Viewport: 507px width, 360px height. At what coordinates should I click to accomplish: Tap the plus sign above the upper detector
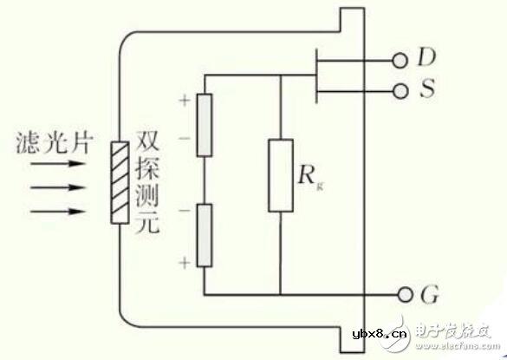[184, 100]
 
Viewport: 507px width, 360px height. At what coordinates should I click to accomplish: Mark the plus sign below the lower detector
[184, 260]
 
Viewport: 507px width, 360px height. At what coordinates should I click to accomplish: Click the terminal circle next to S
[400, 90]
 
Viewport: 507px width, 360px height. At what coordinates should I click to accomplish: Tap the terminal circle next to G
[400, 294]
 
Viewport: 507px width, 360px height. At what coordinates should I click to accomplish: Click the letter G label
[427, 295]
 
